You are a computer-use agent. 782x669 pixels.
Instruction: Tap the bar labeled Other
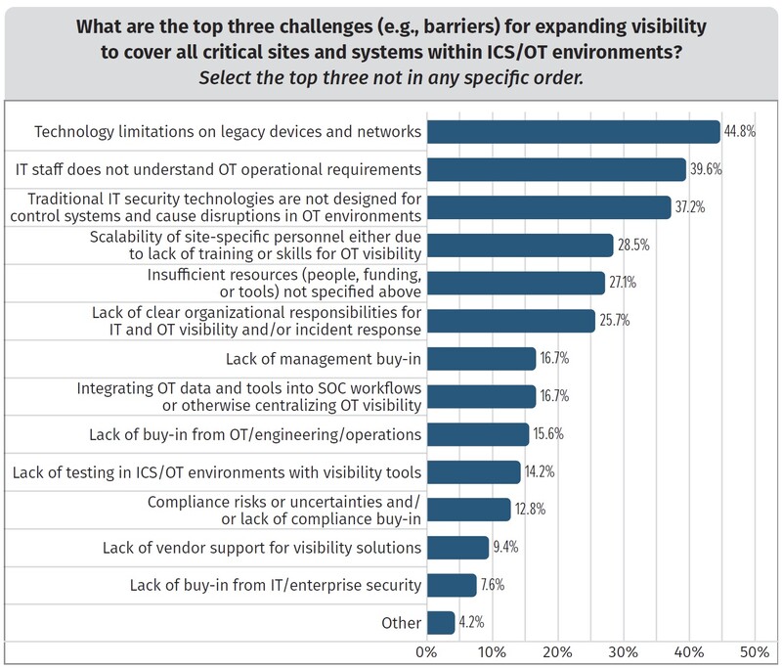[441, 622]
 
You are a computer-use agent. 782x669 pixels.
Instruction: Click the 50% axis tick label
[755, 651]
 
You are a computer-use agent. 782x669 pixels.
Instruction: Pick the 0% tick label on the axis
[426, 651]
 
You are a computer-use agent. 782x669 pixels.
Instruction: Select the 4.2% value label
[471, 622]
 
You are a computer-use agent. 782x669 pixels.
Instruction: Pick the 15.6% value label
[548, 433]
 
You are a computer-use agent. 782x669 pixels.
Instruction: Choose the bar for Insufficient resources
[515, 283]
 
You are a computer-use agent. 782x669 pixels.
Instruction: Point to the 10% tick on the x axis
[492, 651]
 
